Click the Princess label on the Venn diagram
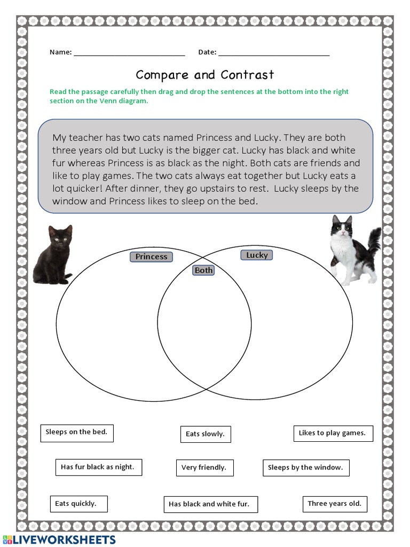[x=151, y=257]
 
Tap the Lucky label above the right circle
[x=257, y=255]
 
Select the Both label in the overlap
[x=203, y=270]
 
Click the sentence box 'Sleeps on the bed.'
[x=77, y=432]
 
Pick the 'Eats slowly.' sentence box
[x=205, y=434]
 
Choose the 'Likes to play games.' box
[x=333, y=433]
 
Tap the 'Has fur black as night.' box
[x=98, y=467]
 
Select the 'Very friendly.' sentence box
[x=204, y=467]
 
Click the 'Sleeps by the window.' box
[x=305, y=467]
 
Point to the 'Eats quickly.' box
[x=76, y=503]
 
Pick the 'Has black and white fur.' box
[x=209, y=504]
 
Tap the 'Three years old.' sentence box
[x=334, y=503]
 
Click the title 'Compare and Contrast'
[x=204, y=75]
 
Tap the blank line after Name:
[x=129, y=53]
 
